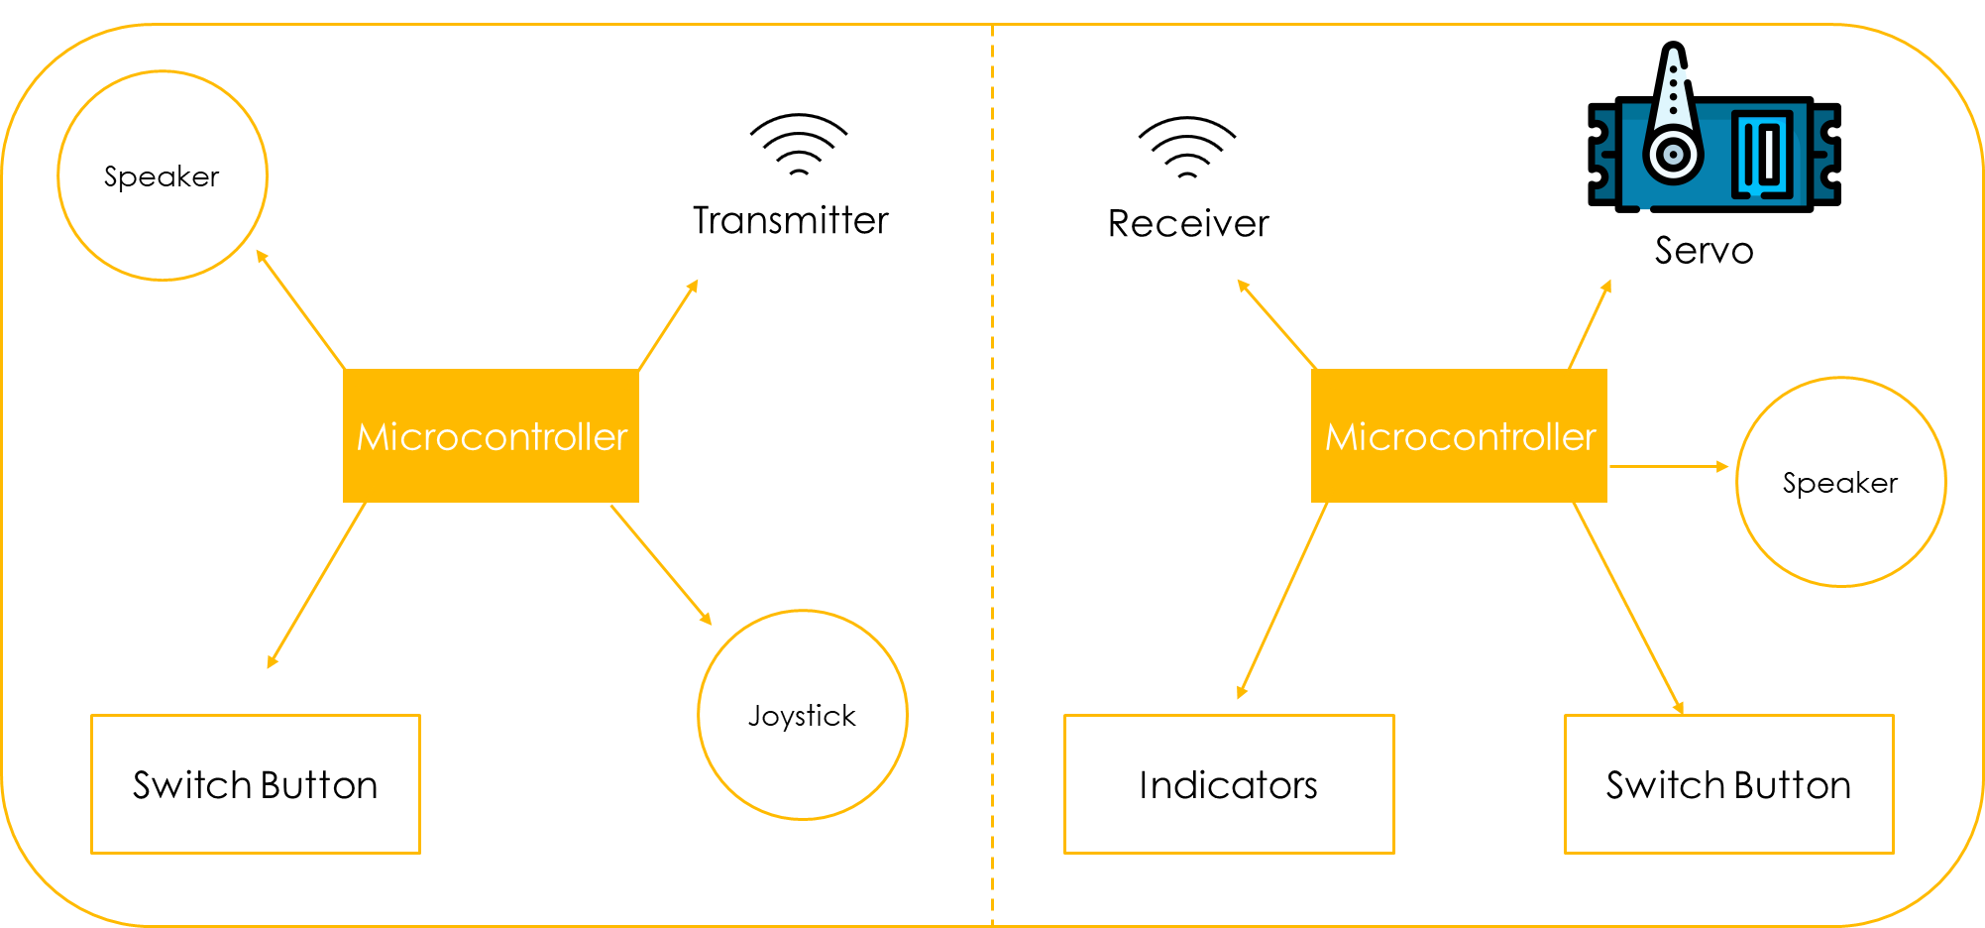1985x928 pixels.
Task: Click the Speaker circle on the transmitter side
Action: (163, 175)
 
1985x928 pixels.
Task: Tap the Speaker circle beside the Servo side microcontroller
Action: (1840, 482)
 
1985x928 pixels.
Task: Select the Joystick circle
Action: (802, 715)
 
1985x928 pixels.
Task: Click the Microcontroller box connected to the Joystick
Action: (491, 436)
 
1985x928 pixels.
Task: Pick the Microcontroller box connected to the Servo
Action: (1459, 436)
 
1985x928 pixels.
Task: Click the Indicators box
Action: (1229, 784)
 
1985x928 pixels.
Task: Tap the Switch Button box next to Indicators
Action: (1728, 784)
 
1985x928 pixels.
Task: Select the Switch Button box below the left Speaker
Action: (256, 784)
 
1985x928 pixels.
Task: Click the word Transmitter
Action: (790, 220)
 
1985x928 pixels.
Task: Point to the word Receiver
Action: (1188, 224)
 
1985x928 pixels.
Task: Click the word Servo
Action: (1704, 251)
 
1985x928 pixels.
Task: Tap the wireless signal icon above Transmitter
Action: (799, 145)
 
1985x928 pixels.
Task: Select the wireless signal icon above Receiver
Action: (1187, 148)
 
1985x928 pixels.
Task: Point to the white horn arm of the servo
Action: (1673, 109)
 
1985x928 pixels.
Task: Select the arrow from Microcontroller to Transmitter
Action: (668, 325)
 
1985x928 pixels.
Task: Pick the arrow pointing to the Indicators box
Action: (1282, 600)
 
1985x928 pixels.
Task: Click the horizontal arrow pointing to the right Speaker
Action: (1669, 466)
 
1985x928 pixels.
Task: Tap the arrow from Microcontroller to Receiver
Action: (1276, 324)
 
